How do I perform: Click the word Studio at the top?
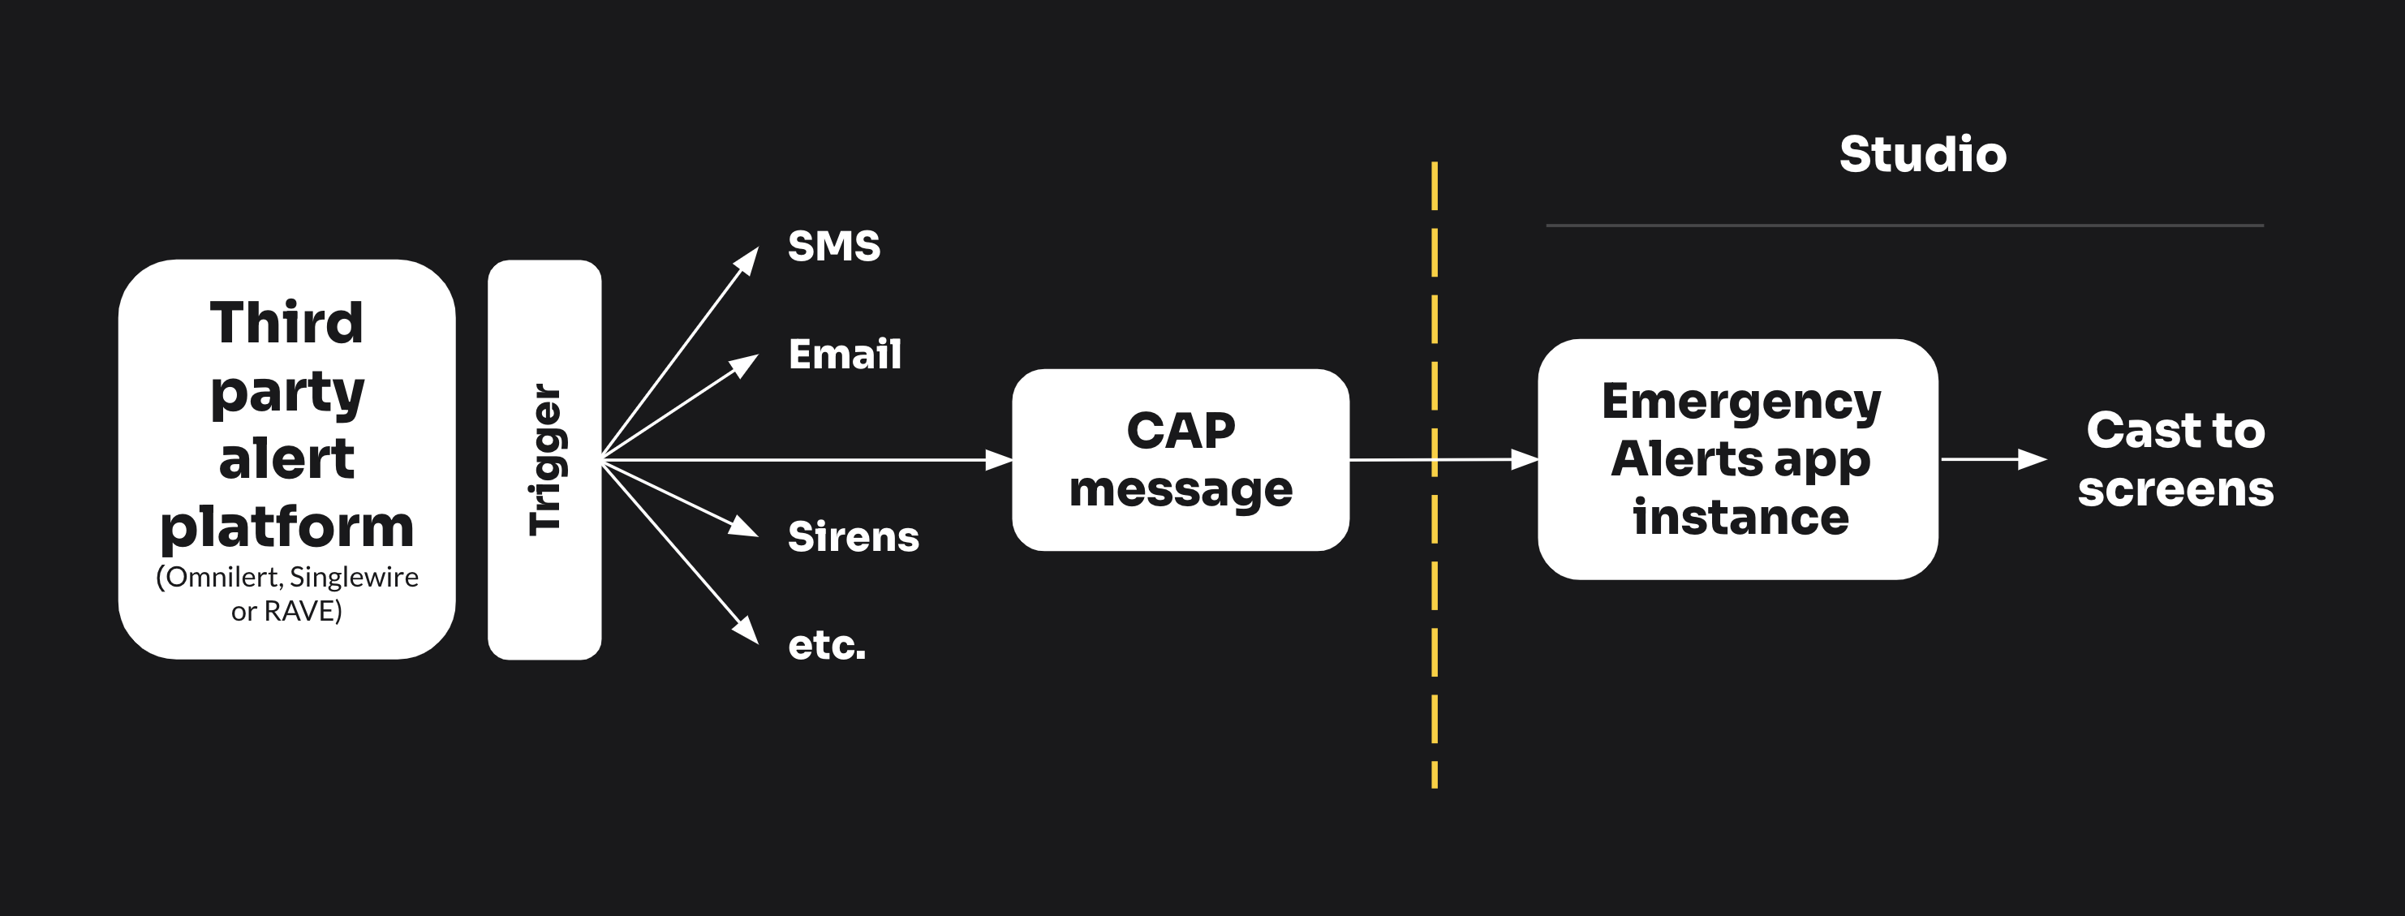(1922, 154)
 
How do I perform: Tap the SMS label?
(834, 247)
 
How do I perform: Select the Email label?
(845, 355)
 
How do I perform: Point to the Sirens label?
(854, 537)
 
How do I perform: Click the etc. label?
(826, 645)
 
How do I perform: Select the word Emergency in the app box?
(1741, 402)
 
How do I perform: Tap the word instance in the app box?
(1740, 518)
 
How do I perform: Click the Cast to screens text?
(2175, 459)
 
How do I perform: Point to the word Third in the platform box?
(286, 322)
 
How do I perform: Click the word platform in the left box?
(286, 528)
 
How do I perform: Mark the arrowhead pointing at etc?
(746, 630)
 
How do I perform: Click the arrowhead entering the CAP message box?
(1000, 459)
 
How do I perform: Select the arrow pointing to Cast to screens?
(1994, 459)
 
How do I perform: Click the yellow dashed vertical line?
(1434, 475)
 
